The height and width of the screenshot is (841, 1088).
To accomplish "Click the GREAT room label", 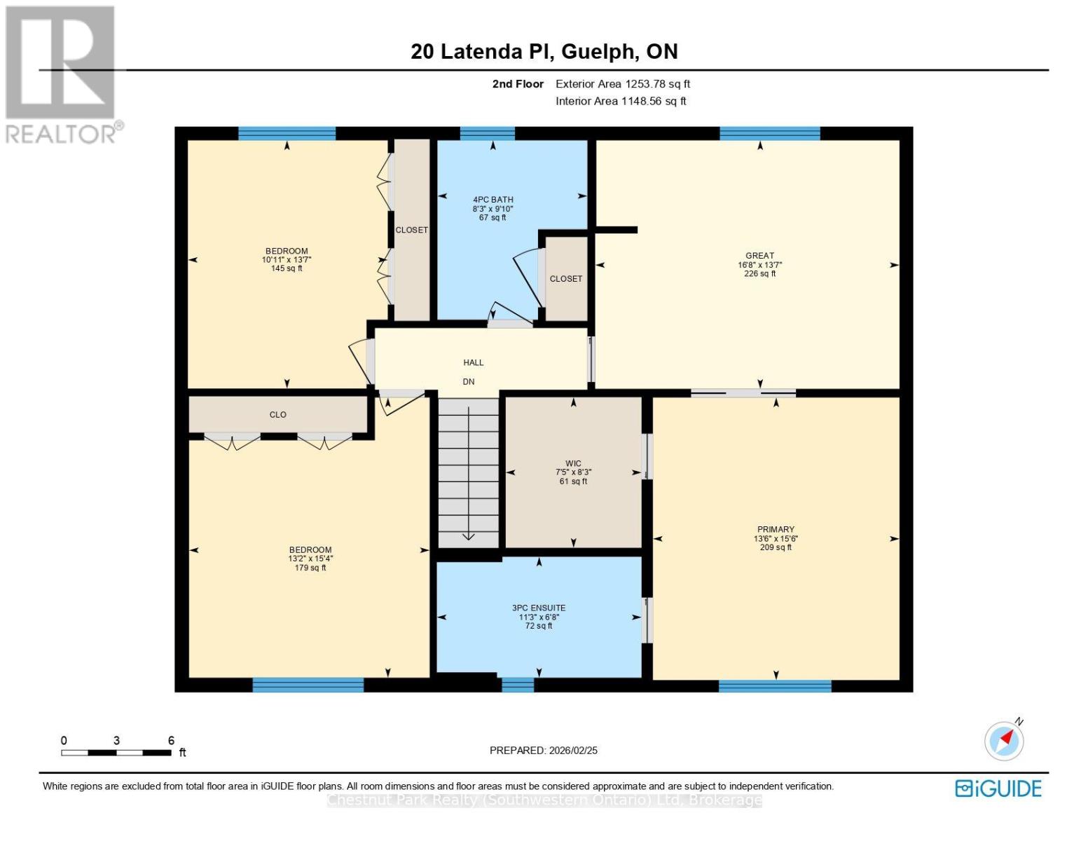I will [759, 256].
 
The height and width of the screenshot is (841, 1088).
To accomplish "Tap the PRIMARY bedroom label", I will [776, 530].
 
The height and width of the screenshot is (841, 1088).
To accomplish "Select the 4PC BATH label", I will [493, 200].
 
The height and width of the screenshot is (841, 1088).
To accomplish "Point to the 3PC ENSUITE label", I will [539, 608].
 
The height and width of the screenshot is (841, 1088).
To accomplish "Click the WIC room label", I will [573, 463].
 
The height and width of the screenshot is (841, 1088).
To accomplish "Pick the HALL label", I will [474, 363].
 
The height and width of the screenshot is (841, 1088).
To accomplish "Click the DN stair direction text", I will [469, 382].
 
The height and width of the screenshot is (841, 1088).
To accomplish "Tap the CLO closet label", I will [278, 415].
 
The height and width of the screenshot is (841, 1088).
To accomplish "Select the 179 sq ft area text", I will [310, 568].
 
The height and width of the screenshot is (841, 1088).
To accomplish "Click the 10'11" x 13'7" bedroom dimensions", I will [287, 260].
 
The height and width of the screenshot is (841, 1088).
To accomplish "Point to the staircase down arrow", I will [468, 536].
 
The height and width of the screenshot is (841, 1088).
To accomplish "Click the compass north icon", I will [1005, 740].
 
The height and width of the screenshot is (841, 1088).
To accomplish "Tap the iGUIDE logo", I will [998, 788].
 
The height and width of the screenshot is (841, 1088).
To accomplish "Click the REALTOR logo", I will [62, 74].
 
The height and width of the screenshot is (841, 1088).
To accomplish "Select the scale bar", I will [116, 753].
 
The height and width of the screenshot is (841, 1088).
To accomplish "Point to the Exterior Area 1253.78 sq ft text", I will [622, 84].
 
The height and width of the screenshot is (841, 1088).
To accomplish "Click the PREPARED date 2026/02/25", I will [544, 751].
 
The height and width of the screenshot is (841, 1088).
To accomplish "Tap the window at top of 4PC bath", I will [488, 134].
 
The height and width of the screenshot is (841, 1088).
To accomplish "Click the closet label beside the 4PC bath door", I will [566, 279].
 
